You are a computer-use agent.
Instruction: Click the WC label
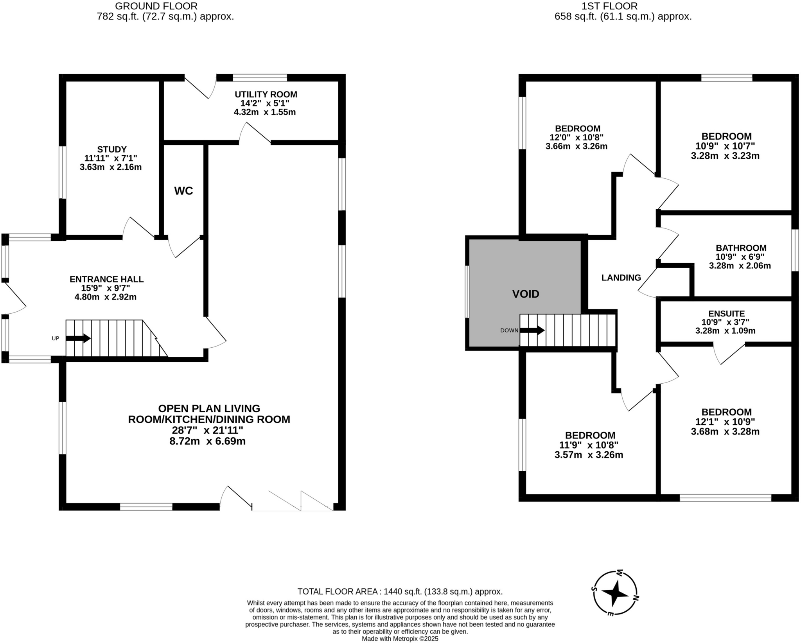pyautogui.click(x=183, y=191)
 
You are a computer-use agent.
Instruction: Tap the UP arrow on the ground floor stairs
pyautogui.click(x=78, y=338)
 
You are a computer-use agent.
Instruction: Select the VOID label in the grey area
pyautogui.click(x=526, y=294)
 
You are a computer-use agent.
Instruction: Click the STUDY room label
pyautogui.click(x=112, y=149)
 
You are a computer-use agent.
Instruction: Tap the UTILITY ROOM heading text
pyautogui.click(x=266, y=94)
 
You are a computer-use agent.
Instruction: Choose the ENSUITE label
pyautogui.click(x=726, y=314)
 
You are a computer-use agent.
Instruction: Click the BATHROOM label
pyautogui.click(x=741, y=248)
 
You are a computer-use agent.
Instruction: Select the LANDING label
pyautogui.click(x=621, y=278)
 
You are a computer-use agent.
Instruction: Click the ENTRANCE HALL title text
pyautogui.click(x=106, y=279)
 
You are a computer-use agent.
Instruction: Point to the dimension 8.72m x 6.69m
pyautogui.click(x=207, y=441)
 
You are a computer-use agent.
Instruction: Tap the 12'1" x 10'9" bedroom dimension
pyautogui.click(x=726, y=422)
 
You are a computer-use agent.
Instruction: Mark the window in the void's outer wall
pyautogui.click(x=467, y=292)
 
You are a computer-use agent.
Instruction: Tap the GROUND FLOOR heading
pyautogui.click(x=156, y=6)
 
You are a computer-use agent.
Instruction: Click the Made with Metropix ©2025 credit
pyautogui.click(x=400, y=639)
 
